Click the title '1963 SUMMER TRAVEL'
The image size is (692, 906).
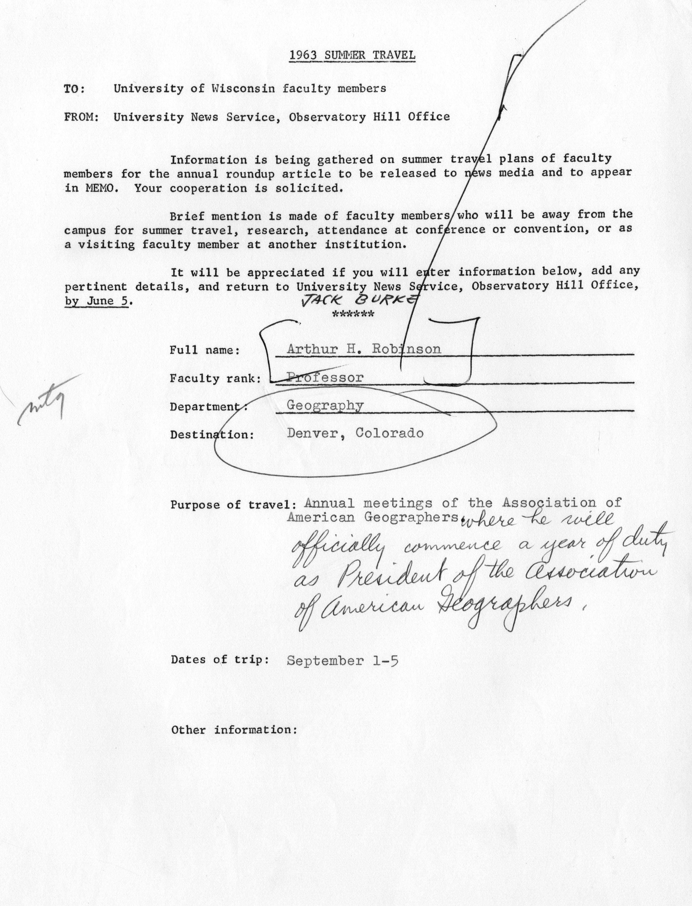click(352, 55)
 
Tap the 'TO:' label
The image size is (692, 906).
click(74, 89)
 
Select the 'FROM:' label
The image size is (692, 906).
click(81, 117)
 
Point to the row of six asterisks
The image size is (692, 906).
click(353, 315)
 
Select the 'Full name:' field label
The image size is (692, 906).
click(205, 350)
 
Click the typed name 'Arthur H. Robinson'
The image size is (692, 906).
click(364, 349)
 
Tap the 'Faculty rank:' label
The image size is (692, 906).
click(215, 378)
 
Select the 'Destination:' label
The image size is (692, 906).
click(212, 435)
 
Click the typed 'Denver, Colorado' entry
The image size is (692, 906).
click(355, 433)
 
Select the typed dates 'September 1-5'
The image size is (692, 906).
click(342, 661)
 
